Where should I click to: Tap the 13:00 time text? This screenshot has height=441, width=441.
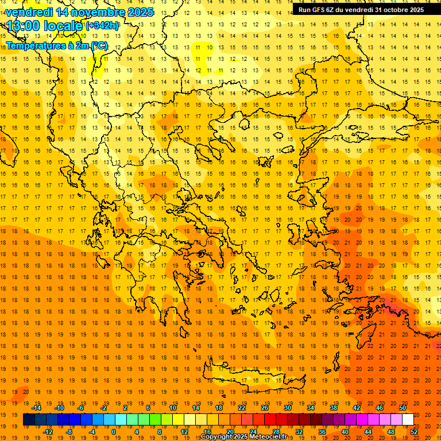[25, 25]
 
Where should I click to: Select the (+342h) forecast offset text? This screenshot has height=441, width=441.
[102, 26]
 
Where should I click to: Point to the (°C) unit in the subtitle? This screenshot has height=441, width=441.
[98, 45]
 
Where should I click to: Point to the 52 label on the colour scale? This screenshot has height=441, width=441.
[415, 432]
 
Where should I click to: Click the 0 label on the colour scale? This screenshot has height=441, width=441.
[114, 432]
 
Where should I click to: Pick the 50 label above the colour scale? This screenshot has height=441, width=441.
[403, 408]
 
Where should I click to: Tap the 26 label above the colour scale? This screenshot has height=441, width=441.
[265, 408]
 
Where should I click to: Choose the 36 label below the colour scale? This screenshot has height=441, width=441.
[322, 432]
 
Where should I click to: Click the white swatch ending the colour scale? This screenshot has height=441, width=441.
[408, 420]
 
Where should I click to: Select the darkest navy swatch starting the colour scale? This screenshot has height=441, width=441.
[29, 420]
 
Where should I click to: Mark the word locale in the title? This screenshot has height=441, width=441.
[61, 25]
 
